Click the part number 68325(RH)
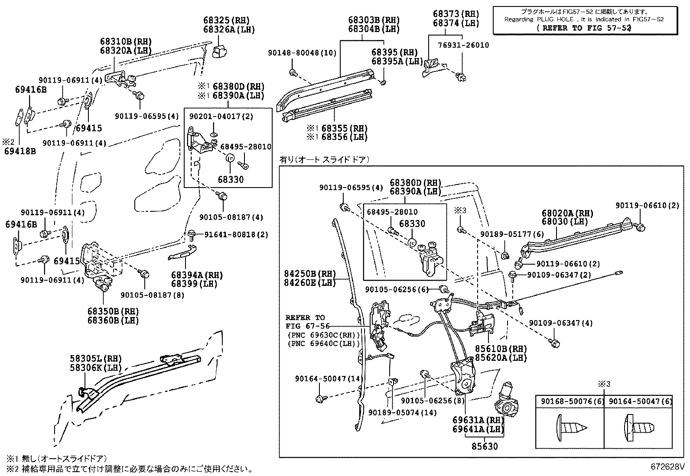click(x=226, y=20)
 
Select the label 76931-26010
click(x=463, y=45)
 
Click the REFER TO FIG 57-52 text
click(x=583, y=27)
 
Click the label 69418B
click(x=20, y=151)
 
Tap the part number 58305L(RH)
click(x=96, y=359)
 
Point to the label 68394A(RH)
click(x=197, y=275)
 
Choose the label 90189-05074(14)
click(x=403, y=412)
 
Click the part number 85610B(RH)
click(x=501, y=349)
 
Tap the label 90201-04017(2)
click(x=221, y=117)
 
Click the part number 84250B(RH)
click(x=310, y=274)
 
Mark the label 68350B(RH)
click(x=113, y=311)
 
